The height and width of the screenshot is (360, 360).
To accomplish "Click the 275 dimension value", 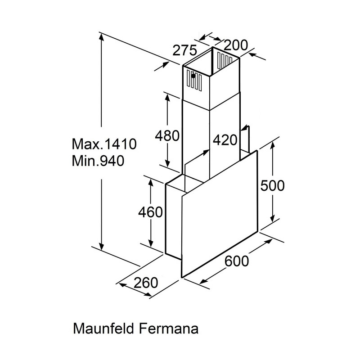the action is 184,50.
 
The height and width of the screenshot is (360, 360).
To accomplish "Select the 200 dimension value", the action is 236,45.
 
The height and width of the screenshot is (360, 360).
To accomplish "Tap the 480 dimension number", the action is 167,136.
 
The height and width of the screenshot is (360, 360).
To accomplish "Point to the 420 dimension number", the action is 225,140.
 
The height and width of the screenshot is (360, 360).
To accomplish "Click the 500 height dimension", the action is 273,185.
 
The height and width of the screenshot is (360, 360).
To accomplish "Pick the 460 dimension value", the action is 150,212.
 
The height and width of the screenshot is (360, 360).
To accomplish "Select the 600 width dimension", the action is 237,261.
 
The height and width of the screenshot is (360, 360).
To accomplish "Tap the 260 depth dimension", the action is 146,283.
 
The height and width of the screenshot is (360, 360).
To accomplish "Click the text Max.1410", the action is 104,144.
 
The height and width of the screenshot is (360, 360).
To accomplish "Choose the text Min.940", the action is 98,161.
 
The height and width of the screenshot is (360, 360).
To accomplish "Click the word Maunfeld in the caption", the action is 103,328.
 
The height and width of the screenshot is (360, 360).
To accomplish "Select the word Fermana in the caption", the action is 169,328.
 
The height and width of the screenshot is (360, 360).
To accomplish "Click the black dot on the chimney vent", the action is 193,76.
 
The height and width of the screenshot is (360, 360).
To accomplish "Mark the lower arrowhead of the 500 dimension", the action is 273,219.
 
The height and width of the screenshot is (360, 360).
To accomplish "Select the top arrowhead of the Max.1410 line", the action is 101,37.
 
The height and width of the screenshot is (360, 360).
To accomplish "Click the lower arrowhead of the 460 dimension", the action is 151,243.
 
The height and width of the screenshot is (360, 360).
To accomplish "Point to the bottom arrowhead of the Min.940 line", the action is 101,246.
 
